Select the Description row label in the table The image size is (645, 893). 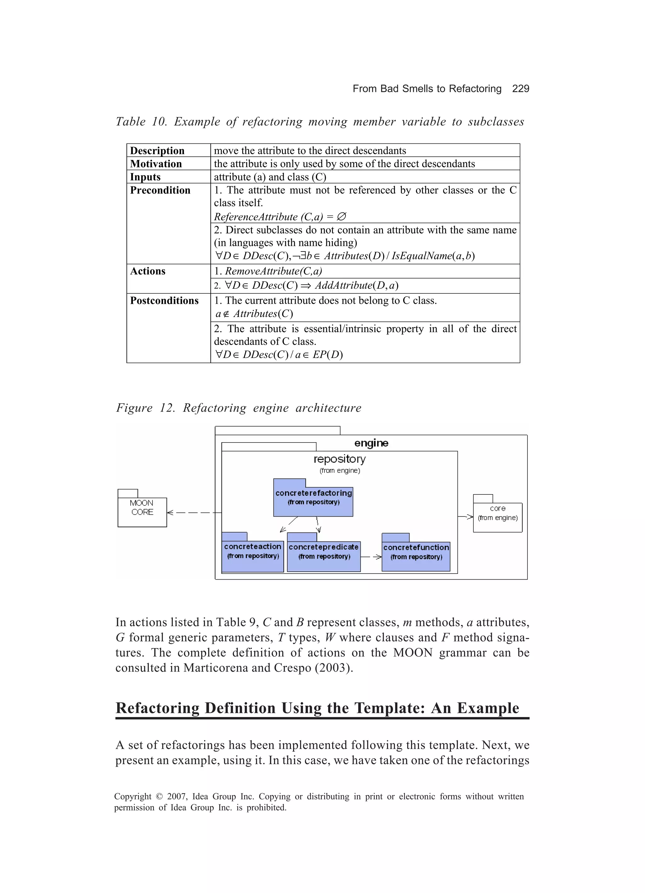pyautogui.click(x=157, y=151)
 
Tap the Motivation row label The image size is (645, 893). pyautogui.click(x=156, y=164)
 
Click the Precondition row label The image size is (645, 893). pyautogui.click(x=160, y=190)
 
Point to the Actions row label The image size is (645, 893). pyautogui.click(x=147, y=271)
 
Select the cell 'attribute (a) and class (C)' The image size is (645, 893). pyautogui.click(x=270, y=177)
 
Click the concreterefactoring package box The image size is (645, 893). pyautogui.click(x=313, y=501)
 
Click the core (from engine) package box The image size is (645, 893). pyautogui.click(x=497, y=517)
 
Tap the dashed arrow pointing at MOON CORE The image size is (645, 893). pyautogui.click(x=193, y=513)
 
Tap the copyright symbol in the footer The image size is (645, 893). pyautogui.click(x=159, y=796)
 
